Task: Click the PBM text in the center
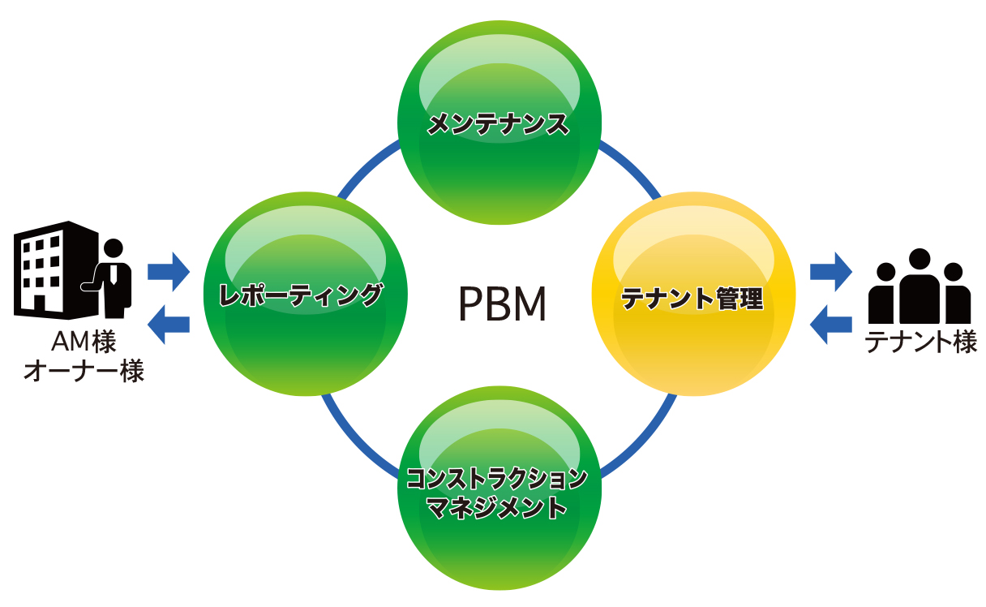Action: [503, 304]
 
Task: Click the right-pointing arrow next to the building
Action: [169, 268]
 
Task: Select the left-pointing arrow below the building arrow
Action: [169, 324]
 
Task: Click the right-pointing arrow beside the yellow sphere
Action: [831, 268]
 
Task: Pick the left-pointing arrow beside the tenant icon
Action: [831, 324]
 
